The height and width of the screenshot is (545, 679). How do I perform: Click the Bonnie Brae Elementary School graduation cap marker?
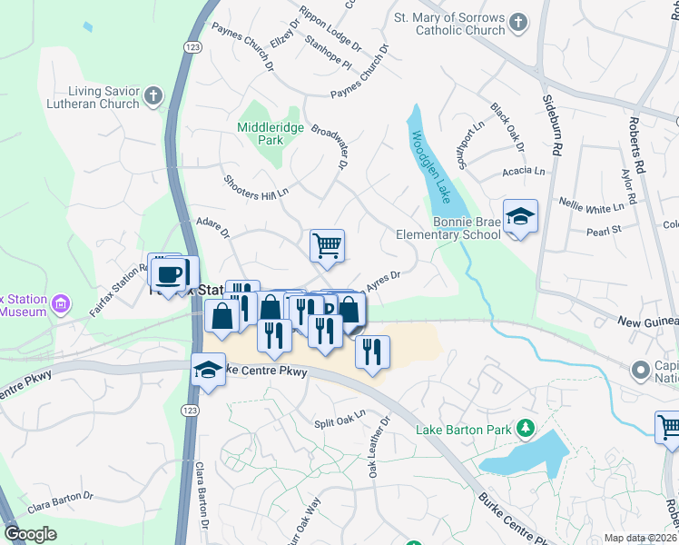[520, 217]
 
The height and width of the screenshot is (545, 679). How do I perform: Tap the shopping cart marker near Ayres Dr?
[327, 245]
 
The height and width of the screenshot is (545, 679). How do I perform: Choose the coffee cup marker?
[170, 273]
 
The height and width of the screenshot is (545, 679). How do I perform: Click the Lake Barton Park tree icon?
[524, 427]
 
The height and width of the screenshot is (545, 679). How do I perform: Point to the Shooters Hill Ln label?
[256, 186]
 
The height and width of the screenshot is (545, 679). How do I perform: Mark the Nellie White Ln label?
[591, 205]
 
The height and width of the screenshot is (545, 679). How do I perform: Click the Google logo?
[30, 534]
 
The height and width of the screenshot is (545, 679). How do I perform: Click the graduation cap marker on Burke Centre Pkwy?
[208, 370]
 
